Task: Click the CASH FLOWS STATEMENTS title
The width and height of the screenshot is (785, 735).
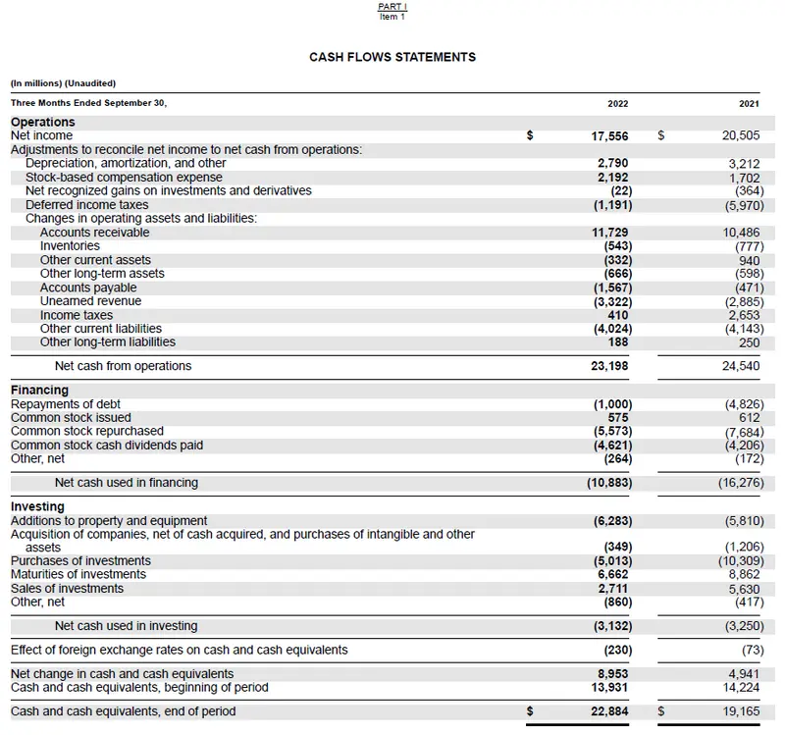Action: (x=392, y=57)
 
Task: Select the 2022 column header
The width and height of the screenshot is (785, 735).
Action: (x=618, y=103)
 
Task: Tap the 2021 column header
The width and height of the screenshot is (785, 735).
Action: (x=749, y=103)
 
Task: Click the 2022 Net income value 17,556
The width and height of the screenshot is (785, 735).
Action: (x=610, y=136)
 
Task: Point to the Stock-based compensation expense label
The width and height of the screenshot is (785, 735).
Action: (x=124, y=178)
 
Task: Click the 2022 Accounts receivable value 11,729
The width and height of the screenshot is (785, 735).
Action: (x=610, y=233)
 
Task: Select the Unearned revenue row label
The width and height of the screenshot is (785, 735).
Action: (x=90, y=301)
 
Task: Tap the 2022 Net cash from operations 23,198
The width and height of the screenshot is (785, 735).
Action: (x=610, y=366)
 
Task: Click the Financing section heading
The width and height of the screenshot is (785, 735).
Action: (x=39, y=391)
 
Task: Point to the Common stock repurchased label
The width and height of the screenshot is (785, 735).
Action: (x=87, y=431)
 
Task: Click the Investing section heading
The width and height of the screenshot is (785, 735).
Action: (x=37, y=507)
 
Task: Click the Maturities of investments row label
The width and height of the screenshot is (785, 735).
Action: (x=78, y=574)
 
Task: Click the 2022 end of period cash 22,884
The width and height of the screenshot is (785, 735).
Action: (x=610, y=711)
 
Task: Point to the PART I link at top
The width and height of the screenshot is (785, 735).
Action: (x=392, y=7)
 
